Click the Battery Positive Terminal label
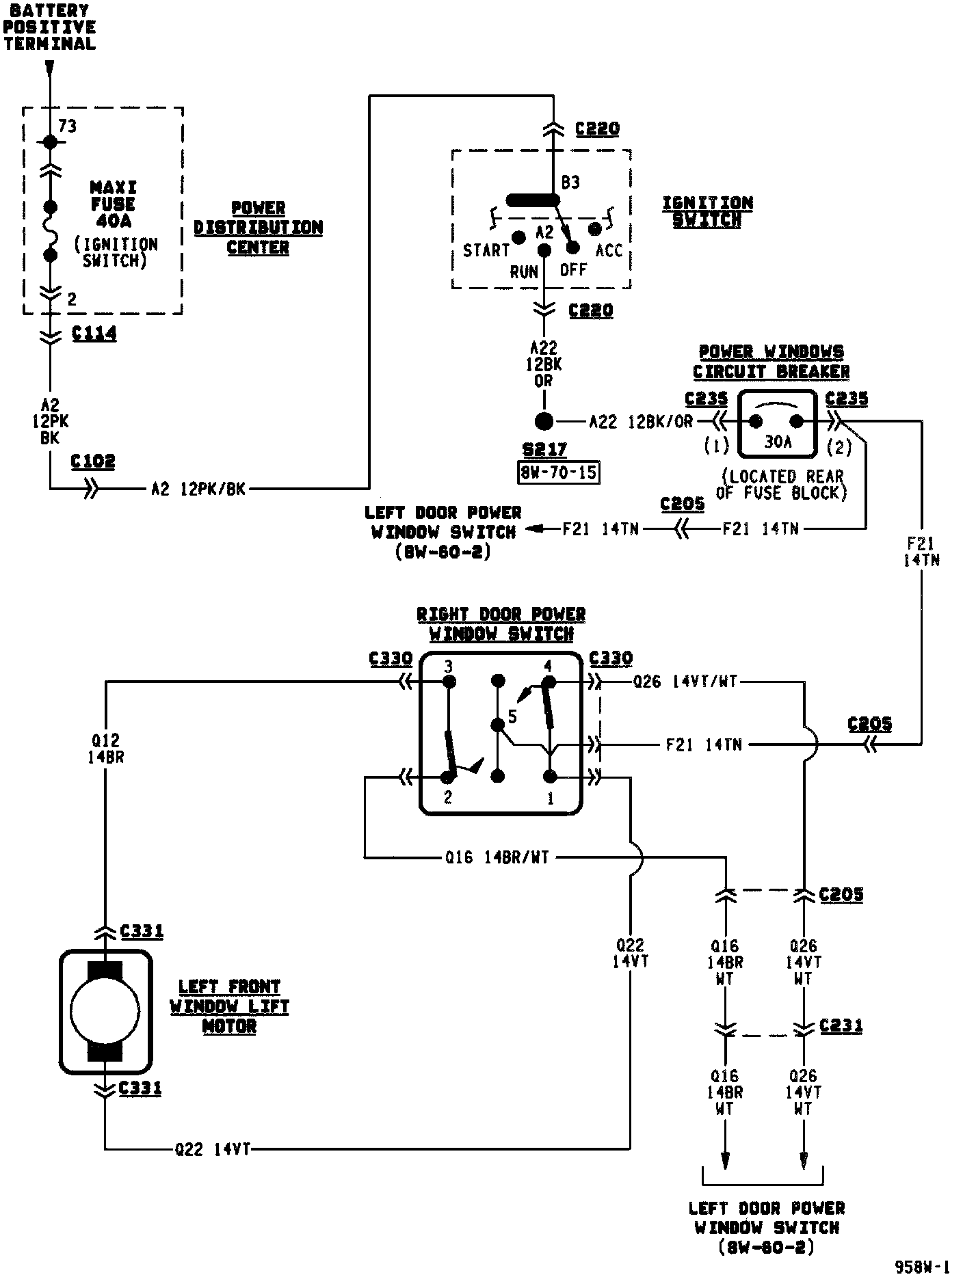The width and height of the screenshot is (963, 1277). tap(49, 27)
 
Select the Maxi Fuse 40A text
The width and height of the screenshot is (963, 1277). tap(114, 204)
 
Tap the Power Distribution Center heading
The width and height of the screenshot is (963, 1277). tap(258, 228)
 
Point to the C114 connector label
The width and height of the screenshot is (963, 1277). tap(94, 334)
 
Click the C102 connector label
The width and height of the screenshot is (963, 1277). tap(93, 461)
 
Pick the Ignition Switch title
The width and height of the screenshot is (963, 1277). tap(707, 211)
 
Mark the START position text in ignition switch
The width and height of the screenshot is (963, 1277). tap(486, 251)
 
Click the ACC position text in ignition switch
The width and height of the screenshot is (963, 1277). tap(609, 251)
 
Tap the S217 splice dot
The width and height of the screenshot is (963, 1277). tap(544, 421)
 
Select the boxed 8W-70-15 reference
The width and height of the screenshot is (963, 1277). tap(559, 472)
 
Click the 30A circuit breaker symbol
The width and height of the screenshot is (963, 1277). tap(777, 424)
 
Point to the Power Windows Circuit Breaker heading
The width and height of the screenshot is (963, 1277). tap(771, 362)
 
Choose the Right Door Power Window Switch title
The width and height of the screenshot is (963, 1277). tap(501, 623)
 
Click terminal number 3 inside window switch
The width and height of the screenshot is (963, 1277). tap(448, 666)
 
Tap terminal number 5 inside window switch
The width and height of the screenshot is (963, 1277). tap(512, 717)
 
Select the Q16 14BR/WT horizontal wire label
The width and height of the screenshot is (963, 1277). tap(497, 857)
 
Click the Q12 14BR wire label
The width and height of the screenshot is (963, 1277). tap(106, 748)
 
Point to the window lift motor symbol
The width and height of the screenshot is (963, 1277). tap(105, 1011)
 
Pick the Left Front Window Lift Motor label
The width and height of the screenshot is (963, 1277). tap(229, 1006)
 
